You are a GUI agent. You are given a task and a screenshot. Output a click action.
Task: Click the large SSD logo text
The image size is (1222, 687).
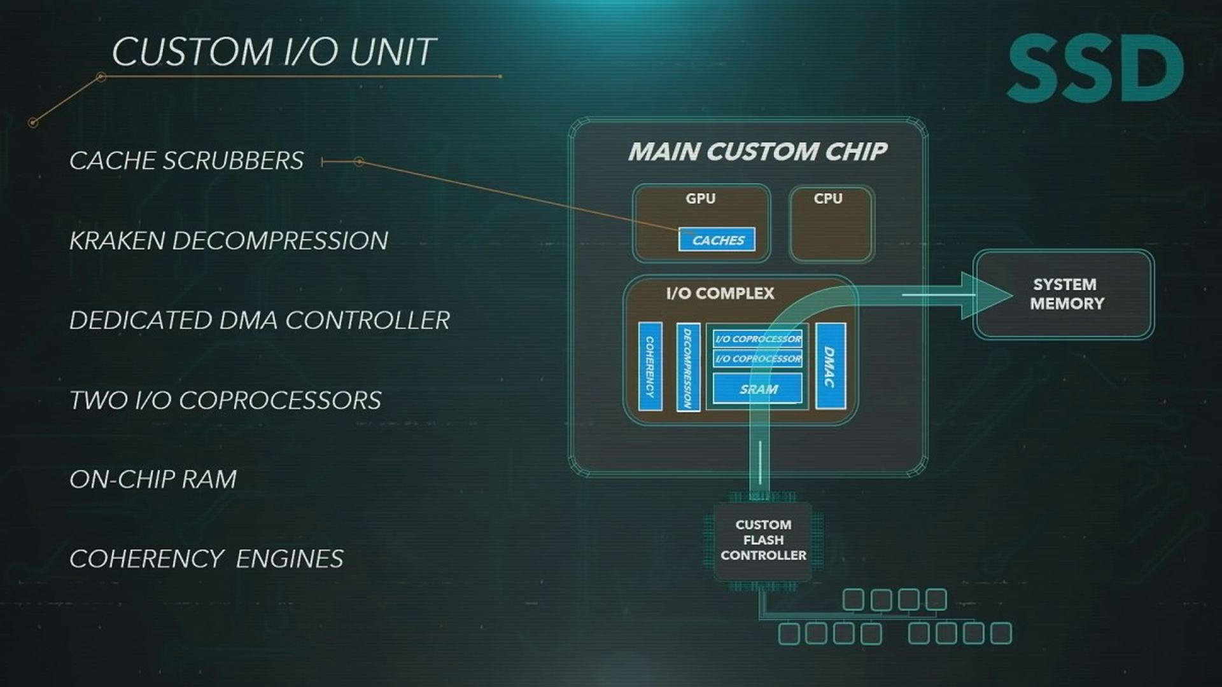tap(1095, 69)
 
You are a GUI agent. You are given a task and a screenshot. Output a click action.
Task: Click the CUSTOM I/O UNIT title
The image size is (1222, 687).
tap(274, 52)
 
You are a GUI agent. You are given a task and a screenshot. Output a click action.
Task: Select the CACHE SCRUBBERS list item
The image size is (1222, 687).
tap(186, 161)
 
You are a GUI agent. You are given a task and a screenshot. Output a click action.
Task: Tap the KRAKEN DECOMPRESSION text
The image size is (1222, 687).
tap(228, 241)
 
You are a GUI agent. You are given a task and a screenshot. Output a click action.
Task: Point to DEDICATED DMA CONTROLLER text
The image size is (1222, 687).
tap(260, 321)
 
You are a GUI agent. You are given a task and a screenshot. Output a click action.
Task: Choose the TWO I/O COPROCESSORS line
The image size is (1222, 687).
tap(225, 401)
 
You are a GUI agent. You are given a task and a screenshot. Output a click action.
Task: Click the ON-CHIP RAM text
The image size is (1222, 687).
tap(153, 480)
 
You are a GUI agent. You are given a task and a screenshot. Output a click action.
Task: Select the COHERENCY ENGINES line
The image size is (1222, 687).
tap(206, 559)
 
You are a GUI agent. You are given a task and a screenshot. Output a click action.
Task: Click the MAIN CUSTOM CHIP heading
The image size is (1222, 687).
tap(757, 151)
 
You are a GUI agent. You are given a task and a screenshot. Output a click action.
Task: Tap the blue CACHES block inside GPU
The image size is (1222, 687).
tap(717, 240)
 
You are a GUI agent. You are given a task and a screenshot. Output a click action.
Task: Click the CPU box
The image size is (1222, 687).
tap(831, 224)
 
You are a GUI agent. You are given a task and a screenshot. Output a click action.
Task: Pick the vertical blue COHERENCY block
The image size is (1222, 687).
tap(650, 366)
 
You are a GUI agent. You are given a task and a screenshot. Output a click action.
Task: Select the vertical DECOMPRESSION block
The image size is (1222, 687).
tap(688, 367)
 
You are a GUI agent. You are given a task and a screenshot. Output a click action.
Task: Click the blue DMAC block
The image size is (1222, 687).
tap(830, 366)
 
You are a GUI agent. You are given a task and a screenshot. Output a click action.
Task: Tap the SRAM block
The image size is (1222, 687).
tap(757, 389)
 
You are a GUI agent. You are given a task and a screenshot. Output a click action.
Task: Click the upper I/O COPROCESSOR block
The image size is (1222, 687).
tap(757, 338)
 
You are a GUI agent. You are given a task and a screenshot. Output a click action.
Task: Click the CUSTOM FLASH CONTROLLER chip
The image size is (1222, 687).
tap(763, 540)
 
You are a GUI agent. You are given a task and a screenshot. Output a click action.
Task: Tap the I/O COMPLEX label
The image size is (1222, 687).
tap(720, 293)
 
